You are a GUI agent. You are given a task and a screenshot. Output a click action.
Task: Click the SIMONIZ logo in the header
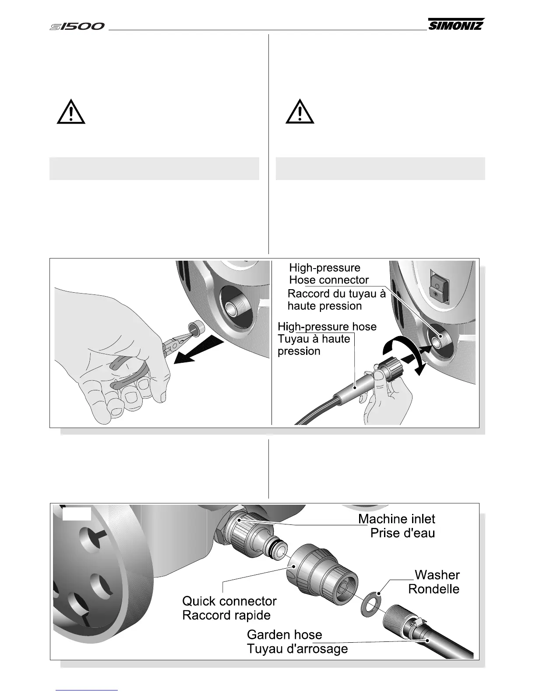click(456, 25)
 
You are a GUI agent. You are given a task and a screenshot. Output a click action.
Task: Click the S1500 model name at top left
click(77, 27)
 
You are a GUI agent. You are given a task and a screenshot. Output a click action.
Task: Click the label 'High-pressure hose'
click(327, 327)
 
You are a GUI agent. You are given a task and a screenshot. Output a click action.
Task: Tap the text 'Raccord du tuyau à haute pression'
click(336, 300)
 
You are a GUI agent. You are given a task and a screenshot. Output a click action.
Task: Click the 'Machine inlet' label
click(396, 519)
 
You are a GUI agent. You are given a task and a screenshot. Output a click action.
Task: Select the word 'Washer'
click(437, 574)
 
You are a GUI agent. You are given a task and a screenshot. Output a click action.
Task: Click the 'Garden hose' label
click(284, 634)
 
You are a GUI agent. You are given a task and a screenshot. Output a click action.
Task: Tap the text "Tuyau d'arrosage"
click(297, 648)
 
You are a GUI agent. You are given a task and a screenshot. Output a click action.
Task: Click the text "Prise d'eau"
click(402, 533)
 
